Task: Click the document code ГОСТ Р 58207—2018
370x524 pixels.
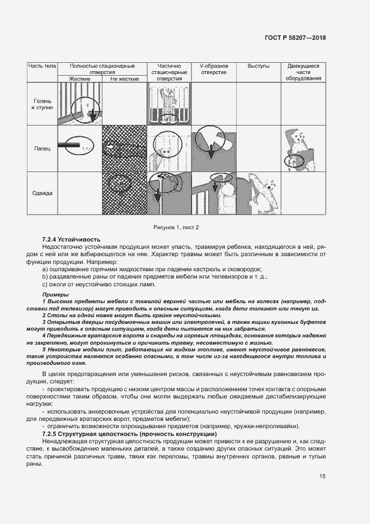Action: coord(295,38)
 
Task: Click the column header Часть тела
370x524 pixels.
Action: coord(43,66)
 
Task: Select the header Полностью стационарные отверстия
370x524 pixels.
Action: coord(102,69)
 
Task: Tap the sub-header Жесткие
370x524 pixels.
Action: coord(80,78)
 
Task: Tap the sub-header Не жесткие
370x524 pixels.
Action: coord(124,78)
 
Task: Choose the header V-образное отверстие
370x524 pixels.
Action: coord(213,69)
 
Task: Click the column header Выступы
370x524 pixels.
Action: coord(258,66)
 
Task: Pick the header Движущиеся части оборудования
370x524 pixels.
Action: coord(303,72)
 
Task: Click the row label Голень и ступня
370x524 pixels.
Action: coord(43,104)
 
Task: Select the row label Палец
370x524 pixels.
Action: coord(43,149)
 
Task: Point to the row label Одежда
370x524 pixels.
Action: coord(43,193)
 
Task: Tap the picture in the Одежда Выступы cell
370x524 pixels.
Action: coord(258,193)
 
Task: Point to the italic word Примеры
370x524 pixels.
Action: coord(55,295)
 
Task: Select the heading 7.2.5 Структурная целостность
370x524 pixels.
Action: coord(124,434)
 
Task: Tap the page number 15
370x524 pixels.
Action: coord(322,476)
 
